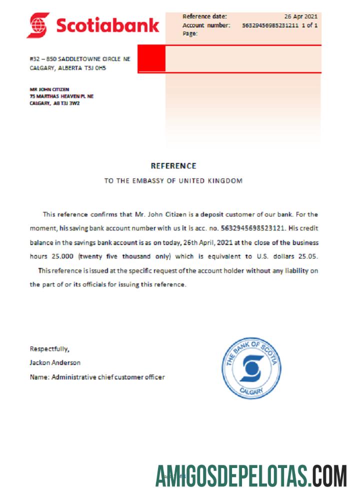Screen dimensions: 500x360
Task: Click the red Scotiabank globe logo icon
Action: (38, 25)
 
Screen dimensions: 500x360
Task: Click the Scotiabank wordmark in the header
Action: (107, 24)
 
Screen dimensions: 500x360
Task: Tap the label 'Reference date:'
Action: (204, 16)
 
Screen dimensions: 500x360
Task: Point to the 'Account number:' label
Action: (206, 25)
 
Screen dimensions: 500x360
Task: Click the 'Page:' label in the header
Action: (190, 33)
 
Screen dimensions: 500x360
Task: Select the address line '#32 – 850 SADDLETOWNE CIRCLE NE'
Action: (80, 59)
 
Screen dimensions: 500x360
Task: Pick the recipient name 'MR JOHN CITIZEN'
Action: (49, 89)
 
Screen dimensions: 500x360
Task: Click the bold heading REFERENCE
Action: (173, 166)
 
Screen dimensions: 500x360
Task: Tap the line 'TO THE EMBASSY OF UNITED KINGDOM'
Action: (173, 181)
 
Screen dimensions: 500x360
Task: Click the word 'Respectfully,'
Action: (49, 348)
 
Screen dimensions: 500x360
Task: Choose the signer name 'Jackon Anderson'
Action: (55, 362)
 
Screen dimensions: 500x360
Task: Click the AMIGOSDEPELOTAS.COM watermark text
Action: (251, 475)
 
